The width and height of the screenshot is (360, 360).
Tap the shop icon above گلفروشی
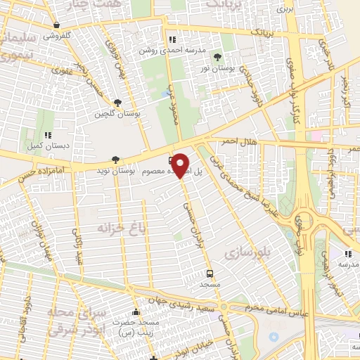[56, 25]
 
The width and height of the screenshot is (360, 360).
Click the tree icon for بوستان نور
[216, 55]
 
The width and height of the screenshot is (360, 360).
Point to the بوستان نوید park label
[116, 171]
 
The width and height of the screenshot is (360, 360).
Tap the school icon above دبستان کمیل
[48, 135]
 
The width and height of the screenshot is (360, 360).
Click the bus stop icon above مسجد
[209, 273]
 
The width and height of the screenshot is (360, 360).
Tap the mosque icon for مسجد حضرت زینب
[136, 313]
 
